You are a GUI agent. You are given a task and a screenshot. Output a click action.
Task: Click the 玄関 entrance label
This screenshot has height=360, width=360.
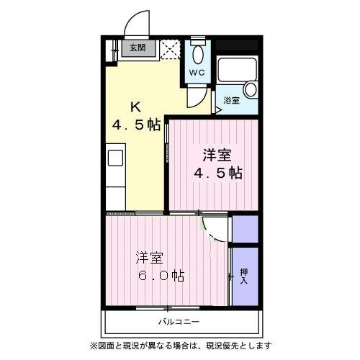pyautogui.click(x=137, y=49)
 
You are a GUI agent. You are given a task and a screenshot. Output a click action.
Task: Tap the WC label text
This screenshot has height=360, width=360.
pyautogui.click(x=198, y=73)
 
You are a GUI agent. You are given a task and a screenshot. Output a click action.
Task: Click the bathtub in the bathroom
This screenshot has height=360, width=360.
pyautogui.click(x=237, y=69)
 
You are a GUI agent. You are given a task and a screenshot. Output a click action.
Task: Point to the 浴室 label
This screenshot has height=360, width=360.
pyautogui.click(x=231, y=100)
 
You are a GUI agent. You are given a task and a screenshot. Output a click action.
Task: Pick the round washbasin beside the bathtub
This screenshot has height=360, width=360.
pyautogui.click(x=250, y=89)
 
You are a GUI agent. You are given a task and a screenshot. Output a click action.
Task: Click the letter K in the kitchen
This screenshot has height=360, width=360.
pyautogui.click(x=135, y=107)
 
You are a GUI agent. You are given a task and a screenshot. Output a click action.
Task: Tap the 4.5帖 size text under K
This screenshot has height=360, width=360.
pyautogui.click(x=135, y=125)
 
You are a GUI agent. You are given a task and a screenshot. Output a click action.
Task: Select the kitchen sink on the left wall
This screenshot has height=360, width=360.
pyautogui.click(x=115, y=158)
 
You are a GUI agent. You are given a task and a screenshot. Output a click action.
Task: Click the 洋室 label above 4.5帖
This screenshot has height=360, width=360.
pyautogui.click(x=216, y=154)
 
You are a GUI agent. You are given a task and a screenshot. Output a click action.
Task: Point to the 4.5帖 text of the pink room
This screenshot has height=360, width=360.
pyautogui.click(x=216, y=173)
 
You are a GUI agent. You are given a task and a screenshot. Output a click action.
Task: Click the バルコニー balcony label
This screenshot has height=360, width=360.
pyautogui.click(x=179, y=322)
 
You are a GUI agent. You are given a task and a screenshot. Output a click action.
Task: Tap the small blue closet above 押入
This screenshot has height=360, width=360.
pyautogui.click(x=244, y=228)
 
